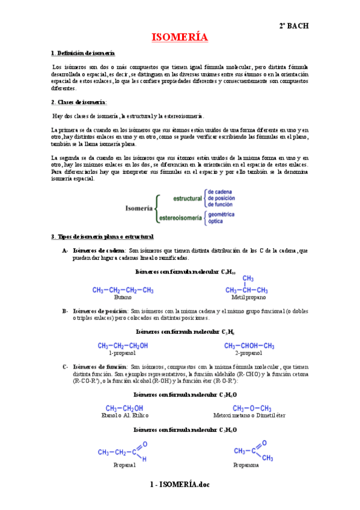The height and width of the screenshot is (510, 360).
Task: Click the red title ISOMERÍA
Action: click(180, 37)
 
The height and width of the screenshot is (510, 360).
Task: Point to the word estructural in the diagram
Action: click(188, 198)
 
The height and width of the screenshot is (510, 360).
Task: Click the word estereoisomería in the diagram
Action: click(180, 218)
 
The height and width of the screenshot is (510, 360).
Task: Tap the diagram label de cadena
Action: click(220, 192)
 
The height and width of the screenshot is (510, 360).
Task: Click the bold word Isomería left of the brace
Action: click(139, 208)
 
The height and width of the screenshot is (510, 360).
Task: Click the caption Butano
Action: click(123, 297)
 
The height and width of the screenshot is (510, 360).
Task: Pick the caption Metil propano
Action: click(247, 297)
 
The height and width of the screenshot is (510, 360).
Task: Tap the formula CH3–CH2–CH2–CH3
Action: click(123, 290)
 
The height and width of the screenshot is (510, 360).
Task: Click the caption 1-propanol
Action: click(123, 353)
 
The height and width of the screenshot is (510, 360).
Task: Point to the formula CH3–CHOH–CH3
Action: click(249, 346)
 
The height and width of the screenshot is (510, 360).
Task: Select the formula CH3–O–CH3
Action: click(252, 408)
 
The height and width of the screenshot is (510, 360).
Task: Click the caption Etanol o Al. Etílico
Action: click(125, 415)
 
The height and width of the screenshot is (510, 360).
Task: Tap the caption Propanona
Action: click(246, 465)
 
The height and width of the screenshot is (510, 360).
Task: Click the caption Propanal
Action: click(124, 465)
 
